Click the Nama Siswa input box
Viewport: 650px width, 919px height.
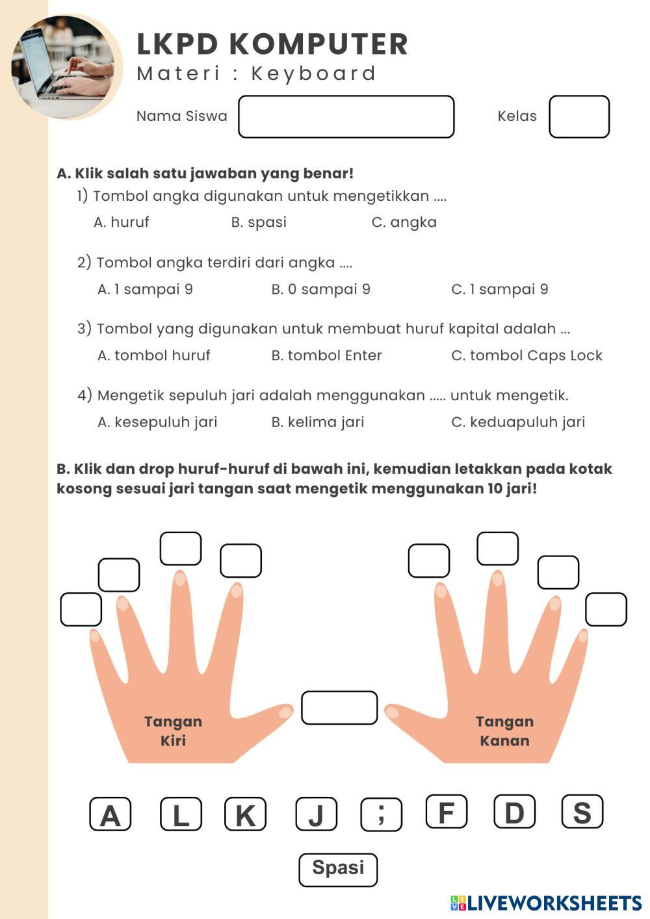346,117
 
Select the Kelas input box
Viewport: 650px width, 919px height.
578,117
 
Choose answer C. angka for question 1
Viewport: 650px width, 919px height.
404,222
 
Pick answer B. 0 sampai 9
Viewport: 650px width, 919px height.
320,289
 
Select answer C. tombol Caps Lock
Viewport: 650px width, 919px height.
526,356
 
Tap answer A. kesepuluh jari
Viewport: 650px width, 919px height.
157,422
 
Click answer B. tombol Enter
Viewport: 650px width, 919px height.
326,356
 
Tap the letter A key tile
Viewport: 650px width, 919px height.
110,814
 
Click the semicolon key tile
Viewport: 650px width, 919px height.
381,814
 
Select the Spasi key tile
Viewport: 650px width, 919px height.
338,870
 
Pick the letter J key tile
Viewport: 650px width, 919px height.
316,814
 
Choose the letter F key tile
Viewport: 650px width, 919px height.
447,812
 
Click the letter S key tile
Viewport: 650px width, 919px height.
582,812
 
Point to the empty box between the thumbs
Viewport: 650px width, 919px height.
339,708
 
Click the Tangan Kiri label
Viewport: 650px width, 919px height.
173,731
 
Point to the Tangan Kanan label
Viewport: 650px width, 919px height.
504,731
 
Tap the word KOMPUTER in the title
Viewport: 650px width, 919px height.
318,44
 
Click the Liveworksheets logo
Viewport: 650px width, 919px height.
546,903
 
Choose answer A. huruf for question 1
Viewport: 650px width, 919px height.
122,222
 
